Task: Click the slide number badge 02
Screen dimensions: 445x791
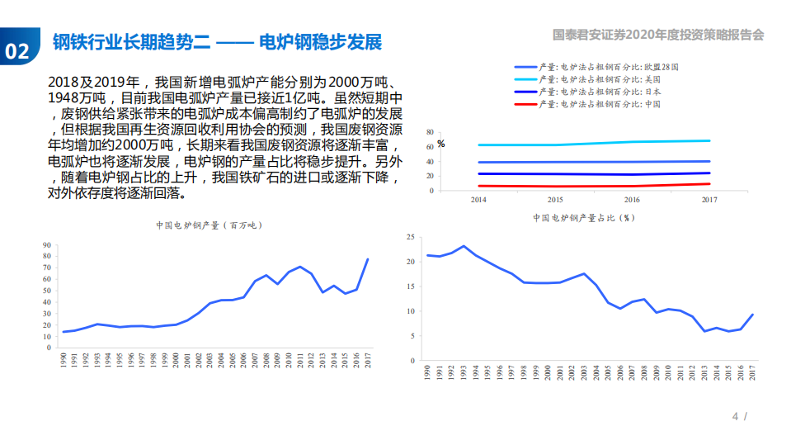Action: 17,51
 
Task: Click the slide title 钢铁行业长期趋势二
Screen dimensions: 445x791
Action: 133,43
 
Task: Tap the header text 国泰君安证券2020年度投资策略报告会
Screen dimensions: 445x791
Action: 658,35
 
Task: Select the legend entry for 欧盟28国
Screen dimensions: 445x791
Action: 609,67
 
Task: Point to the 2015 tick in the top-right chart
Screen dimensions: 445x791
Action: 555,200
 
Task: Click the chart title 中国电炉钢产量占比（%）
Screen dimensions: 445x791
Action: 584,218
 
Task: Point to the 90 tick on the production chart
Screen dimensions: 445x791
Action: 46,245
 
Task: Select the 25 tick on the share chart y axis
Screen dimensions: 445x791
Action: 410,237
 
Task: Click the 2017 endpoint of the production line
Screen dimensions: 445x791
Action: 367,259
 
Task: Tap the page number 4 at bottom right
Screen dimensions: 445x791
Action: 735,416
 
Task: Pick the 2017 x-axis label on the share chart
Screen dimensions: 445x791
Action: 753,374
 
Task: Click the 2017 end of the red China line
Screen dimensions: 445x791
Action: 709,184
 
